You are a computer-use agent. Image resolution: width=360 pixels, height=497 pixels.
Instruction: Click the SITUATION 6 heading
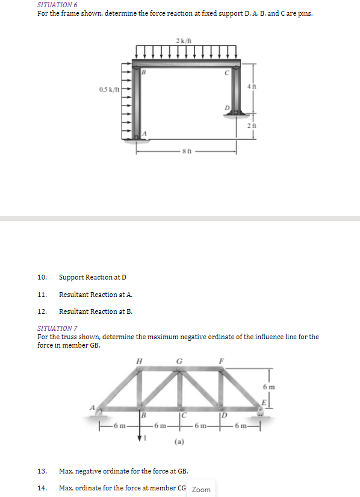(x=52, y=5)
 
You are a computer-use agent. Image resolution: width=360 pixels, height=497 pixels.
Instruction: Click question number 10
(x=42, y=277)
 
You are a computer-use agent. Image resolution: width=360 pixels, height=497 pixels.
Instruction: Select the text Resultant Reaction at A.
(x=96, y=295)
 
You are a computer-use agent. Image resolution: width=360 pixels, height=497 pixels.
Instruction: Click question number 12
(x=42, y=311)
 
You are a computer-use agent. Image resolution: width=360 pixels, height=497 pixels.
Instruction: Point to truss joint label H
(x=140, y=362)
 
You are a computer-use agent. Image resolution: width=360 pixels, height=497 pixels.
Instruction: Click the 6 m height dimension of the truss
(x=267, y=386)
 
